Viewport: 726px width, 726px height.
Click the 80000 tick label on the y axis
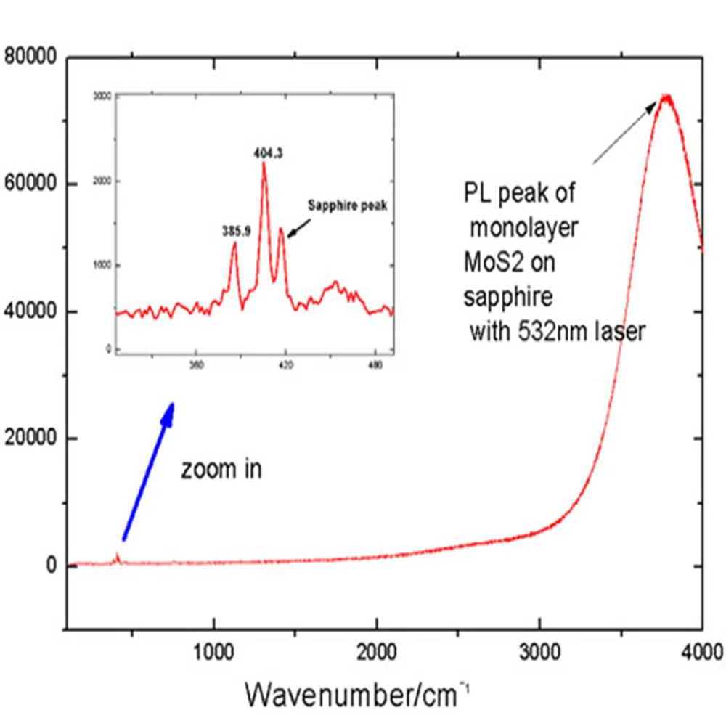(30, 57)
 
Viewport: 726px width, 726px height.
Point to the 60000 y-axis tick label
(30, 184)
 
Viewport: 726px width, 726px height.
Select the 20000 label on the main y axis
(30, 439)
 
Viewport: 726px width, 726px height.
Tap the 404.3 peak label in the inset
(268, 153)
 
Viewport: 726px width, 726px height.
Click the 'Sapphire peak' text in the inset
(346, 205)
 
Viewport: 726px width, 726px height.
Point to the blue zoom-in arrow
(149, 472)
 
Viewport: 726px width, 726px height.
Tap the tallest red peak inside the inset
(264, 164)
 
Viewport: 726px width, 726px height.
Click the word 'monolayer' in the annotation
(523, 229)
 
